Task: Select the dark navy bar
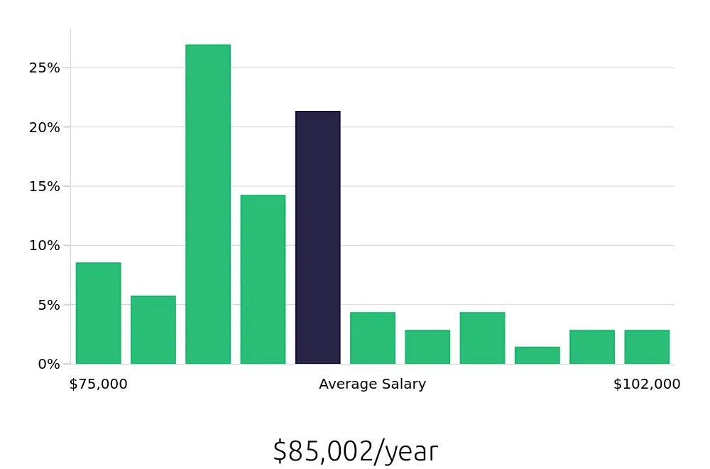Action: click(318, 237)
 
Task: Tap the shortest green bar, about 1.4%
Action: click(537, 355)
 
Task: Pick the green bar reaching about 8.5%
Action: click(98, 313)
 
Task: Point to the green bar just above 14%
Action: click(263, 279)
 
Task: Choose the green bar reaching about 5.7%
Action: click(153, 330)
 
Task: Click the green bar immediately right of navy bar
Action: click(373, 338)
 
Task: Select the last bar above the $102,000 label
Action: click(647, 347)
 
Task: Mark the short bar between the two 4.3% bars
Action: click(427, 347)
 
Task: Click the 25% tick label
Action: click(44, 68)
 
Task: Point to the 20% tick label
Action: click(44, 127)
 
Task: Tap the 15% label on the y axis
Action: click(44, 186)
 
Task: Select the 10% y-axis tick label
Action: click(44, 245)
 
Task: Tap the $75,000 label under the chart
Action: click(98, 384)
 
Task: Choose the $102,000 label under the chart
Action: click(647, 384)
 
